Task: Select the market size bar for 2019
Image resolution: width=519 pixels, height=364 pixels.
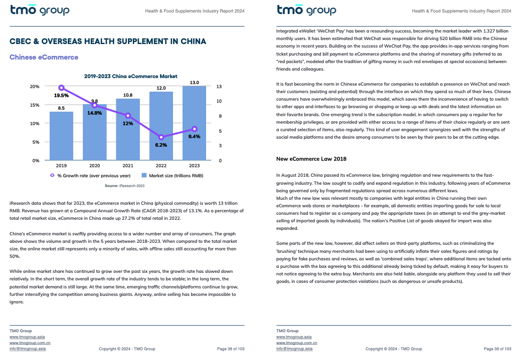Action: click(x=61, y=136)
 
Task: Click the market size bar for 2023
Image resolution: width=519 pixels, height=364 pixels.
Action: click(x=194, y=123)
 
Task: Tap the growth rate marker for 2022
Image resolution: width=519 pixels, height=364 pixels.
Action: click(x=161, y=137)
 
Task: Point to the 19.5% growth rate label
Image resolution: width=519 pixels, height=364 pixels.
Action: click(x=61, y=96)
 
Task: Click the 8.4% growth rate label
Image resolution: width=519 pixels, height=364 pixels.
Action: click(x=194, y=137)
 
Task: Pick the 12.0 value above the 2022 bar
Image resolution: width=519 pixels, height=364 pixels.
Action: click(x=161, y=88)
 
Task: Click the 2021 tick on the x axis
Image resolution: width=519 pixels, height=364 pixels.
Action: click(x=128, y=166)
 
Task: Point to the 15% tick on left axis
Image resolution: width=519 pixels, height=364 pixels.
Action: click(x=35, y=105)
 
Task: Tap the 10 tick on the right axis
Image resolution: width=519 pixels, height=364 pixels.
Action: click(x=219, y=101)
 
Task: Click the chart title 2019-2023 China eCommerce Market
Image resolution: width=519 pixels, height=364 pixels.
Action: click(x=131, y=77)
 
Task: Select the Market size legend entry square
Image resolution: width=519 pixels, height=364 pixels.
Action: click(x=144, y=175)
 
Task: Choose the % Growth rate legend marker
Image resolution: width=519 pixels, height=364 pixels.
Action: click(x=52, y=175)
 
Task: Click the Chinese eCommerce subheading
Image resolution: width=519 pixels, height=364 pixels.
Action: click(x=44, y=57)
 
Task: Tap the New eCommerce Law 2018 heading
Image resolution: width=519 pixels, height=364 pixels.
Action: click(x=311, y=159)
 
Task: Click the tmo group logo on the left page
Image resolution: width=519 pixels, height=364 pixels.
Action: click(x=40, y=10)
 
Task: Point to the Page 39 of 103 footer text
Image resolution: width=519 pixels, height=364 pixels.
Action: click(x=497, y=349)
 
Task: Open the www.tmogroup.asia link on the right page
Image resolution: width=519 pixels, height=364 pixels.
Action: click(x=294, y=337)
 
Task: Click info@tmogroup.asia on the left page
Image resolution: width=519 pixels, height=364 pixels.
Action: click(x=28, y=348)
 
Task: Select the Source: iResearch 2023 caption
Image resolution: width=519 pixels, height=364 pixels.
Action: click(x=125, y=186)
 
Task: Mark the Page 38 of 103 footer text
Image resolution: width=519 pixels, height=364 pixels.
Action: click(x=231, y=349)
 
